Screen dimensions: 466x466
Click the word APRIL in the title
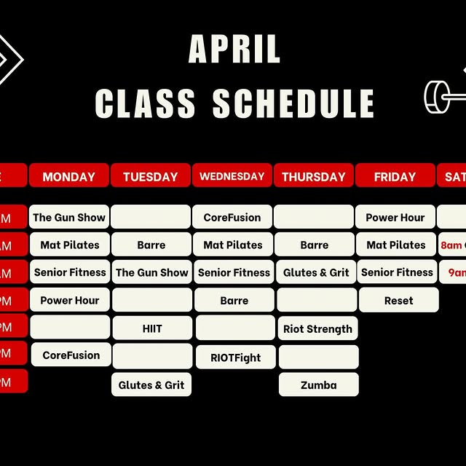[x=234, y=50]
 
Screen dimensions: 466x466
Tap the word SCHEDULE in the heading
[x=293, y=103]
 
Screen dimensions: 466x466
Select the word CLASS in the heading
[x=146, y=103]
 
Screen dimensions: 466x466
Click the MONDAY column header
[x=69, y=176]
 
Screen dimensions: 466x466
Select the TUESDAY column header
[x=151, y=176]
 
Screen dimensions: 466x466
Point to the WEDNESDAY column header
[x=232, y=176]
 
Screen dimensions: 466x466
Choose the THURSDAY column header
[x=314, y=176]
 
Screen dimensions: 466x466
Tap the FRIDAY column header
[x=395, y=176]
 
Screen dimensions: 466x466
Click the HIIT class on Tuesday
[x=152, y=328]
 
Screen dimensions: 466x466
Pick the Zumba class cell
[x=318, y=384]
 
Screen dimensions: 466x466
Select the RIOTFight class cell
[x=235, y=358]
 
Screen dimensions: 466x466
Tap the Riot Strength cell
[x=317, y=328]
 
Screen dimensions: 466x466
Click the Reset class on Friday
[x=398, y=300]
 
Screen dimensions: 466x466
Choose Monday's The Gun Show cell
[x=69, y=217]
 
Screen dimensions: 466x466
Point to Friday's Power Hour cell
[x=395, y=217]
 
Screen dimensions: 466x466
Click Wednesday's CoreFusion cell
[x=232, y=217]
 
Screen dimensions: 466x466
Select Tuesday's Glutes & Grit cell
[x=151, y=384]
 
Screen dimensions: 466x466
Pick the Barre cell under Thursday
[x=315, y=245]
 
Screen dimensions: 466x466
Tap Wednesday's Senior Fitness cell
[x=234, y=272]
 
